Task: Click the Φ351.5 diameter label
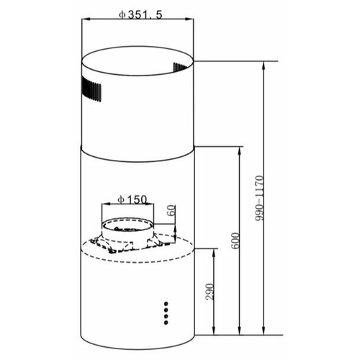point(140,15)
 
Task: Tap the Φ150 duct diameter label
point(132,199)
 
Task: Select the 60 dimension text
point(172,211)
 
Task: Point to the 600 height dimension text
point(235,240)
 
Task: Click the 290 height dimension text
point(210,292)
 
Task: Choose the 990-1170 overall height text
point(259,198)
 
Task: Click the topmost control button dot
point(166,304)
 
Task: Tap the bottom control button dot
point(166,323)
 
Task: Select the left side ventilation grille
point(91,89)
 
